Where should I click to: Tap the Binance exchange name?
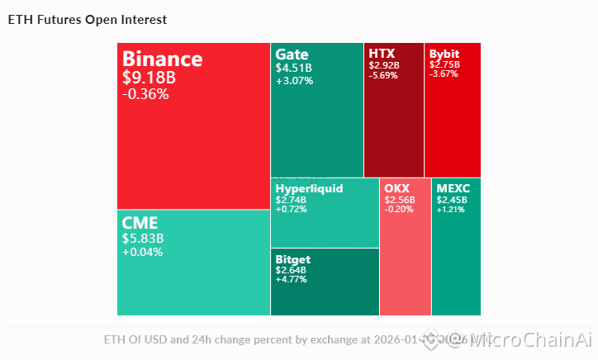tap(162, 59)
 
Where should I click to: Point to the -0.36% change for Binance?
tap(145, 94)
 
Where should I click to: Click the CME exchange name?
tap(140, 223)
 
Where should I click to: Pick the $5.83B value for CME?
tap(143, 239)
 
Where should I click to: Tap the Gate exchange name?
tap(292, 54)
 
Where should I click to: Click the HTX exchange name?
tap(382, 54)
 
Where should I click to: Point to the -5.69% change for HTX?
tap(383, 75)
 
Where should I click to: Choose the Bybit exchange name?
tap(444, 54)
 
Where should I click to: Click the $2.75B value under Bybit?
tap(444, 64)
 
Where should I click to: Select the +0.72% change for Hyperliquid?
tap(291, 209)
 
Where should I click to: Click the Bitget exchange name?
tap(293, 259)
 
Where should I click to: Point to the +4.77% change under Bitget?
tap(292, 279)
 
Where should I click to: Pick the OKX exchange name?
tap(397, 188)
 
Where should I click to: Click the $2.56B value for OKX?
tap(401, 199)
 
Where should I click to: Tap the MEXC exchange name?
tap(453, 188)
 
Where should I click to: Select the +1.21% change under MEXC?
tap(451, 209)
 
